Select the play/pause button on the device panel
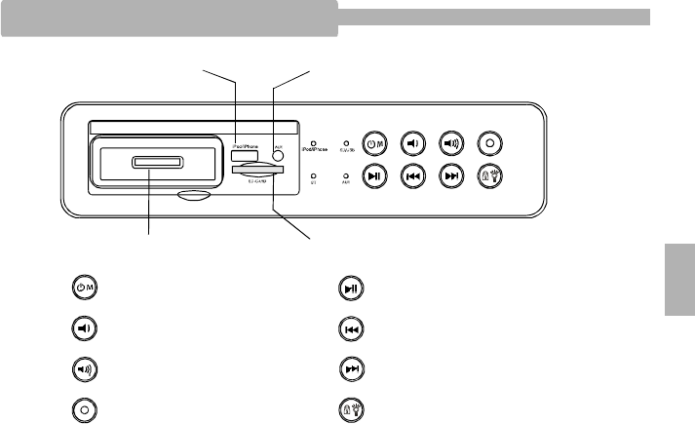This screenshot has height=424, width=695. (376, 177)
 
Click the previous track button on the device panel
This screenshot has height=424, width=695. (413, 177)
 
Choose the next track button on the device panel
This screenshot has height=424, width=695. (450, 177)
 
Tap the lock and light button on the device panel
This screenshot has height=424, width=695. (489, 177)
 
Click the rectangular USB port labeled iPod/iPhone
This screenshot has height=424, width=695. (245, 154)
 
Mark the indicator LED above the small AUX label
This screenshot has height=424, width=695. (347, 173)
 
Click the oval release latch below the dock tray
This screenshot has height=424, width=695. (196, 193)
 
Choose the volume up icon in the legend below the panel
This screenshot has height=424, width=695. (85, 369)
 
